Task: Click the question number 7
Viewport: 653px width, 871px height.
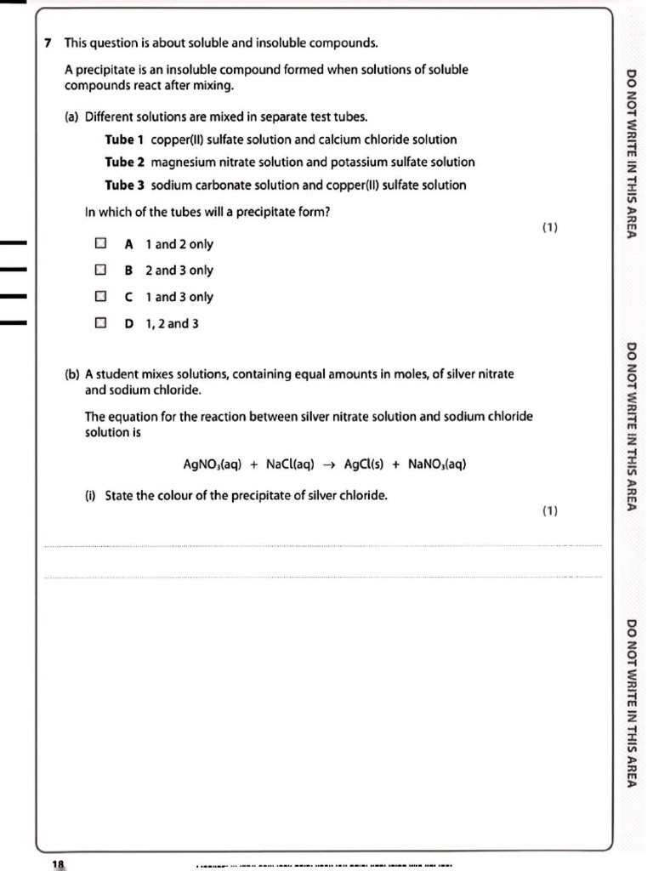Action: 48,43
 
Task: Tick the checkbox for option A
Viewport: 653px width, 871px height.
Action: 100,244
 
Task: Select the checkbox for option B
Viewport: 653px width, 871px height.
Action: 100,270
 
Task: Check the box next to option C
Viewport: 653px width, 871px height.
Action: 100,297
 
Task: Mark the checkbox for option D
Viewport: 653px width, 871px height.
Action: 100,323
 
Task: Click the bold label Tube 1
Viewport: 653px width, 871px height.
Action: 124,139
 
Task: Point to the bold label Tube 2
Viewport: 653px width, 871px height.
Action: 124,162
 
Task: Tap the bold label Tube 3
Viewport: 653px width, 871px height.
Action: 124,185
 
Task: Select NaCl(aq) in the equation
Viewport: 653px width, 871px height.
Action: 290,464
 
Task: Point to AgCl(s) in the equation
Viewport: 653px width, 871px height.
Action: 364,464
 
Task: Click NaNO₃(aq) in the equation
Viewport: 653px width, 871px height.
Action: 437,464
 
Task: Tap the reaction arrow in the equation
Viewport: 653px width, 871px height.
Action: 328,464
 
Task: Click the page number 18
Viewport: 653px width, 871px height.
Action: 58,863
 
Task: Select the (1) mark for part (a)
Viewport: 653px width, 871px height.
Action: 549,227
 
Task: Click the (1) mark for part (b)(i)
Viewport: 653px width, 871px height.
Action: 549,510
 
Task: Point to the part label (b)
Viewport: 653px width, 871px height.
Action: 72,374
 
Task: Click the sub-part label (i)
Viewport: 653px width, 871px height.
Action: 90,496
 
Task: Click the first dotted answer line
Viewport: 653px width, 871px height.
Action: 323,546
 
